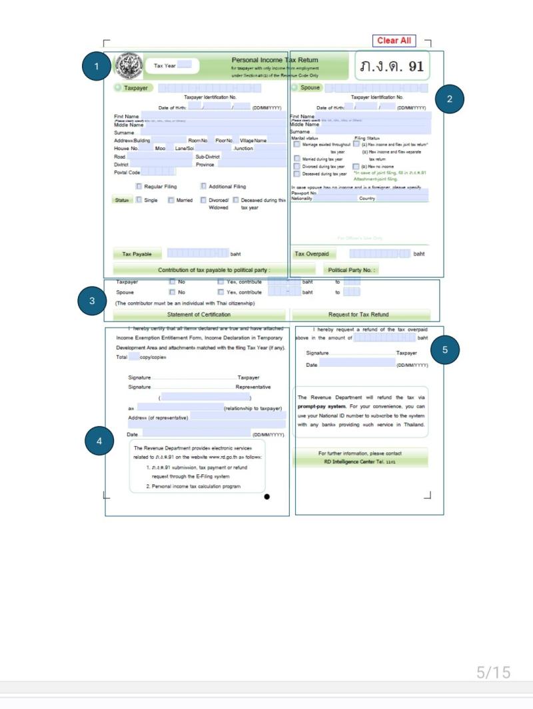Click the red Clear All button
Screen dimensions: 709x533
(x=394, y=41)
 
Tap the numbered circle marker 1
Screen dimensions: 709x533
(x=97, y=66)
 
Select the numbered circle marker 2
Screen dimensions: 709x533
(x=450, y=99)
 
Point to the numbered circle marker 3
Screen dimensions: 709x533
(x=92, y=301)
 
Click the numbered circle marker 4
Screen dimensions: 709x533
(x=99, y=440)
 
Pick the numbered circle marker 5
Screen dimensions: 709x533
(x=445, y=349)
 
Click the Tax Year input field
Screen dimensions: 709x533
(x=185, y=65)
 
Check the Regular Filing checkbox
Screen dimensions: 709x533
(x=139, y=187)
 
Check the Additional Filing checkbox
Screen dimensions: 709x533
(x=203, y=187)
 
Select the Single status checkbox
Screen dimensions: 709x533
(x=139, y=200)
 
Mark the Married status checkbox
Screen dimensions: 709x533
(x=171, y=200)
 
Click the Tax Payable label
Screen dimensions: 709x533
(x=137, y=254)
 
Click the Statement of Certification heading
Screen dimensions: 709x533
(x=199, y=314)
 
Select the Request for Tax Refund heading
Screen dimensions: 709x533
(x=358, y=314)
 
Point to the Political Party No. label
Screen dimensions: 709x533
(x=352, y=270)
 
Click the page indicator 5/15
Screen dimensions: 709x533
(x=493, y=672)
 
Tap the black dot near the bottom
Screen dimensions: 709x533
(x=267, y=496)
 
